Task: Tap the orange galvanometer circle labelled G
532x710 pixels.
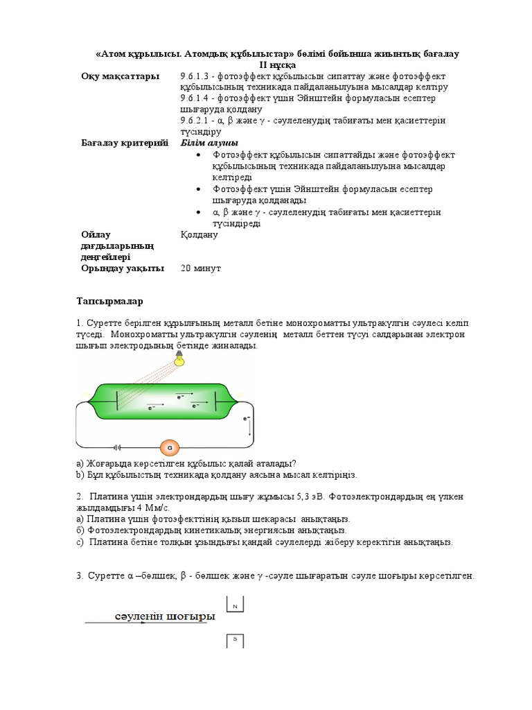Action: (x=169, y=447)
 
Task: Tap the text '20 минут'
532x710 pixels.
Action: (x=200, y=268)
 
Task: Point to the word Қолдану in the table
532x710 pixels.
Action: (x=199, y=234)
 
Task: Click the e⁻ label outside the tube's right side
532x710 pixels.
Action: (x=246, y=419)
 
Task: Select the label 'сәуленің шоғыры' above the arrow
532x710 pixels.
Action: (x=164, y=616)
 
